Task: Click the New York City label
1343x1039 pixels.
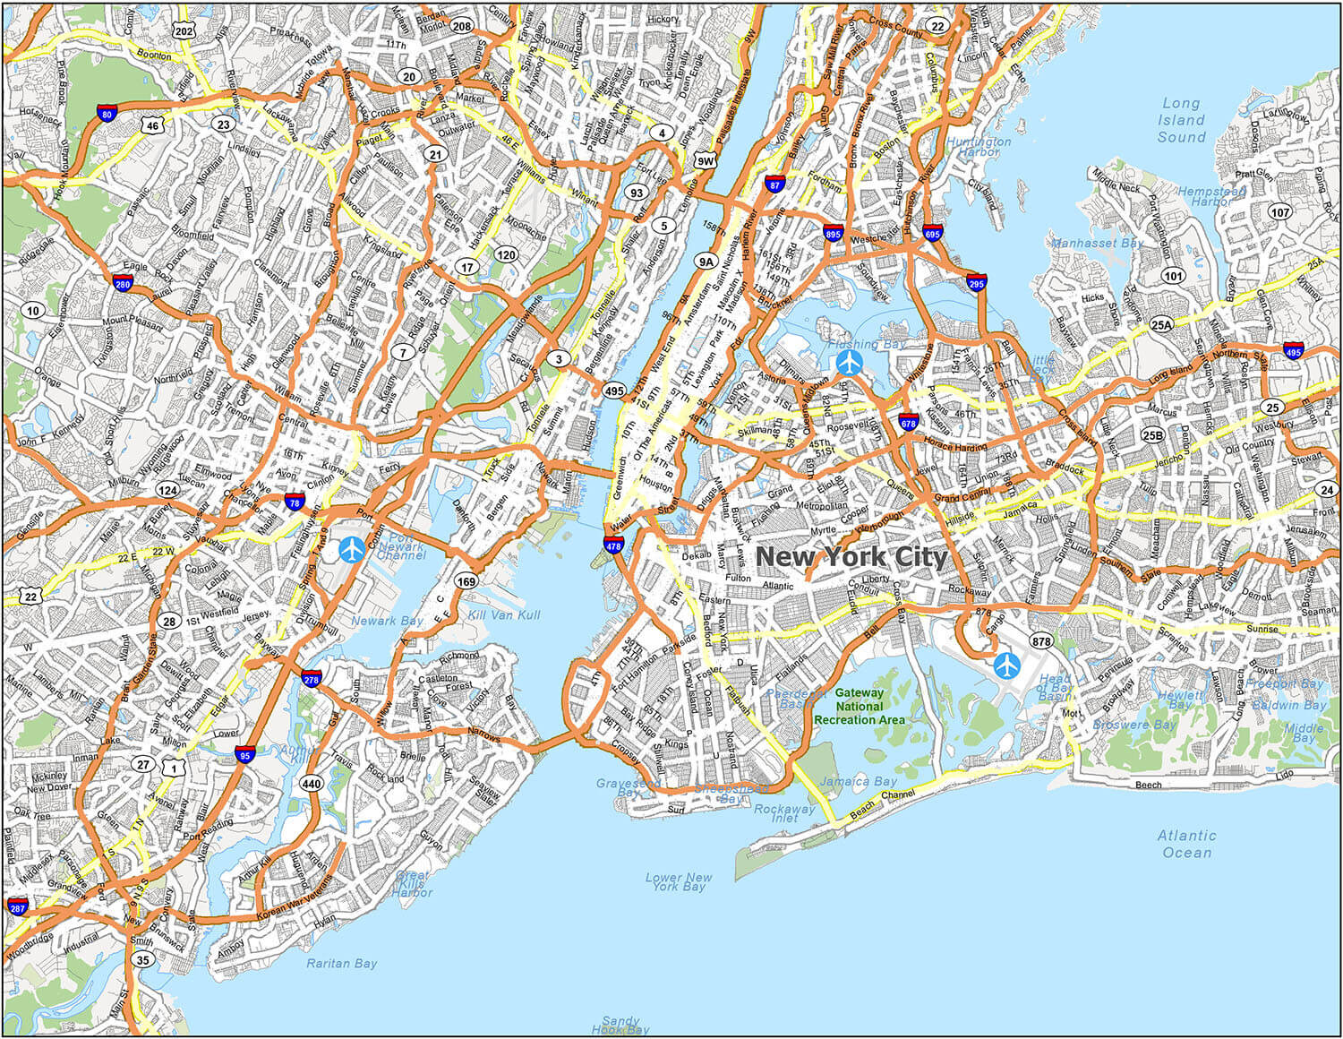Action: point(851,557)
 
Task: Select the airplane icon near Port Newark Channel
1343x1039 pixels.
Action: point(351,549)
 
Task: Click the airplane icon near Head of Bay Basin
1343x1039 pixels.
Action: point(1007,665)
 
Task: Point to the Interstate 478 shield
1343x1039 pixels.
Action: point(613,545)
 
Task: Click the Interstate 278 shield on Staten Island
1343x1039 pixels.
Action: point(312,679)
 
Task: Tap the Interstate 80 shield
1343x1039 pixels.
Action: point(107,113)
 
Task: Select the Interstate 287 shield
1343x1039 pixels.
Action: point(17,906)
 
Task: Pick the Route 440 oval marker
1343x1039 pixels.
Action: point(311,784)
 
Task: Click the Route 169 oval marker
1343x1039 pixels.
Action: point(466,581)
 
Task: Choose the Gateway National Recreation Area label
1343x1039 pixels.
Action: point(859,706)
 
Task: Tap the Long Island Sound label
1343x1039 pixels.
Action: point(1181,120)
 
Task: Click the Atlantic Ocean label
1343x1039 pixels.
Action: point(1186,844)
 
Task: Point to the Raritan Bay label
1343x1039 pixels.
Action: point(341,964)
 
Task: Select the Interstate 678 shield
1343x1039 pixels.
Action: point(908,423)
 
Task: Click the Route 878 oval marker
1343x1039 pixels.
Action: point(1040,641)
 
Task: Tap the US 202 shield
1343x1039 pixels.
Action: point(184,31)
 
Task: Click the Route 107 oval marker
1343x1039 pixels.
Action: point(1280,212)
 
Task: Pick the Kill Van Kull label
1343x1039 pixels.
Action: point(503,615)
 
